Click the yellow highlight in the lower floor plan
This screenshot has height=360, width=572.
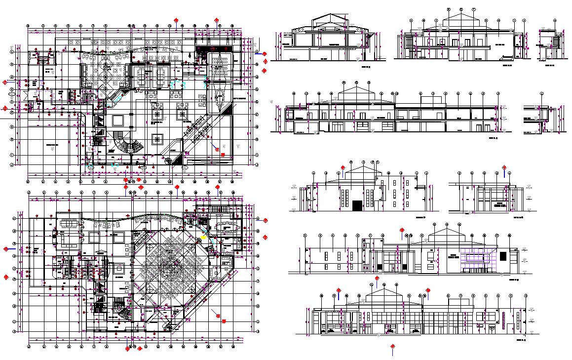pos(204,237)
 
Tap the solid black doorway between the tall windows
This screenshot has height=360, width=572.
pos(357,204)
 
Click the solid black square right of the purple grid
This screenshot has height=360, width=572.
pos(503,256)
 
